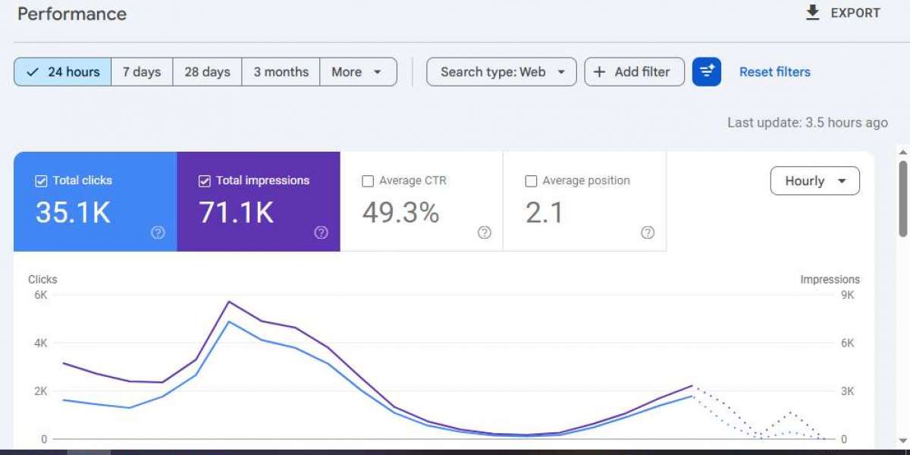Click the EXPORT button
click(843, 13)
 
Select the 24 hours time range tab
click(62, 72)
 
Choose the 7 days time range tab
click(142, 72)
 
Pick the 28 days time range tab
click(207, 72)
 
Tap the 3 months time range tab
click(281, 72)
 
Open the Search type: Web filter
click(501, 72)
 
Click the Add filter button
click(634, 72)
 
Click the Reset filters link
click(775, 72)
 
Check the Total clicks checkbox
click(41, 180)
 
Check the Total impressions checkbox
click(204, 180)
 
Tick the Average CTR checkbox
click(368, 180)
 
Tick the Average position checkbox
click(531, 180)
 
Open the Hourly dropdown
click(815, 180)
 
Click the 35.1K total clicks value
click(73, 212)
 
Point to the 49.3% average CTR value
click(400, 212)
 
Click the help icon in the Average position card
click(648, 232)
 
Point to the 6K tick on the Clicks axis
click(41, 295)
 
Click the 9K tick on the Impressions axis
click(848, 295)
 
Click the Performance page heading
click(72, 14)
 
